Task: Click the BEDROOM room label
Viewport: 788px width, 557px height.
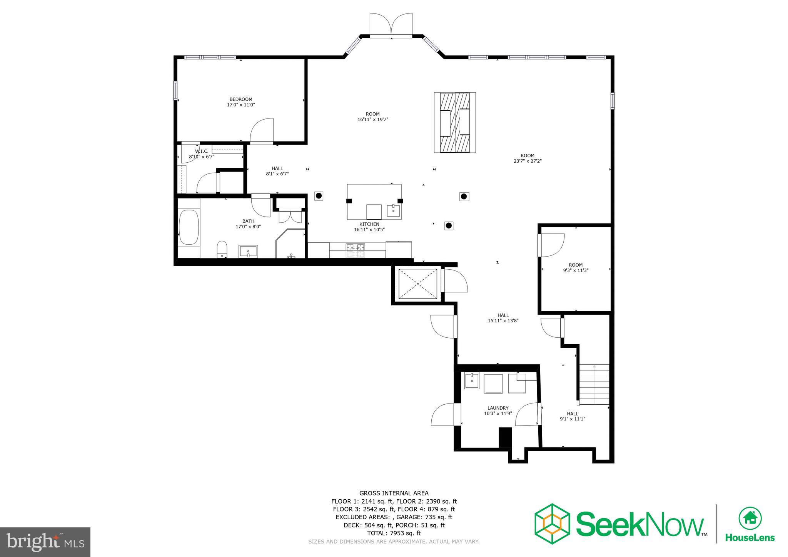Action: tap(241, 99)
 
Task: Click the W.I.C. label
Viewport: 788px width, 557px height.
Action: tap(202, 151)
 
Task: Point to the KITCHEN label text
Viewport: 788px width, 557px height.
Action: tap(369, 224)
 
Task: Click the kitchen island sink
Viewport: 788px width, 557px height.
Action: tap(393, 211)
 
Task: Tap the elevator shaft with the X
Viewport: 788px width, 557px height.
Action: tap(418, 284)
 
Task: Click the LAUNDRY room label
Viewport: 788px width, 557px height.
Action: tap(498, 408)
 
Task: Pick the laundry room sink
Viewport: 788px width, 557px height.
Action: tap(472, 381)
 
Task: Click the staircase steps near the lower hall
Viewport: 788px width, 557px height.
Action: tap(594, 385)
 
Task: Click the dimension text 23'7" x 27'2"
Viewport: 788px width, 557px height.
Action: tap(528, 161)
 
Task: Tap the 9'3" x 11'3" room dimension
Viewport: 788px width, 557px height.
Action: tap(576, 270)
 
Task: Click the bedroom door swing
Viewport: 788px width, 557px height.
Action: tap(262, 131)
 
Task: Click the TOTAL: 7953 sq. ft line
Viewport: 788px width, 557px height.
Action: tap(394, 533)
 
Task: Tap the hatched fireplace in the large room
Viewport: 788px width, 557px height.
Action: tap(455, 122)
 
